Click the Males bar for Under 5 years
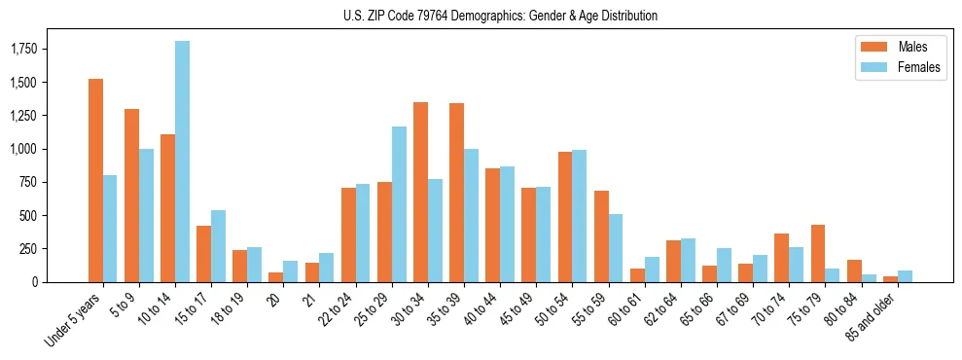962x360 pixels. tap(95, 180)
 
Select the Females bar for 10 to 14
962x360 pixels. tap(182, 162)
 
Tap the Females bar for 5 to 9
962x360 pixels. tap(146, 215)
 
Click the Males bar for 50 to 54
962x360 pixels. tap(565, 217)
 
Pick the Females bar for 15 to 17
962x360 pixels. tap(218, 246)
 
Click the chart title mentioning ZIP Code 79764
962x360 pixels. tap(500, 16)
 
